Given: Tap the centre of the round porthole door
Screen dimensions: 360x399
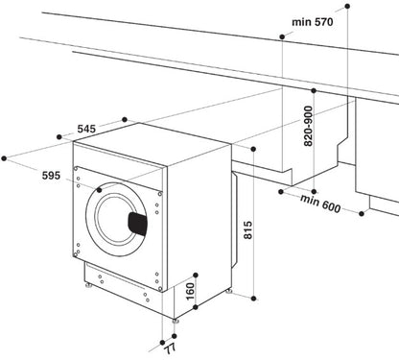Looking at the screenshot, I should point(117,215).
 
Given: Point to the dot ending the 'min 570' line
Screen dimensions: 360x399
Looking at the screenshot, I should point(281,36).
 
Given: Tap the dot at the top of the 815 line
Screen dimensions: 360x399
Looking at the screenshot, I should point(253,149).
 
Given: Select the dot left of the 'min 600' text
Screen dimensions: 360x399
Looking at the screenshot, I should point(279,191).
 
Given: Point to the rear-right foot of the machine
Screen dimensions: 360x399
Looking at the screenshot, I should point(229,287).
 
